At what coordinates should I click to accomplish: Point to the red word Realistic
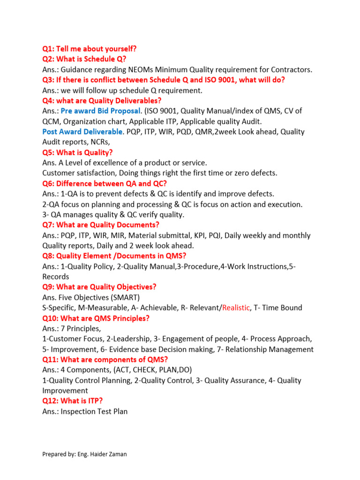coord(236,308)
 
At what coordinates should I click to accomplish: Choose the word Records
coord(55,277)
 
